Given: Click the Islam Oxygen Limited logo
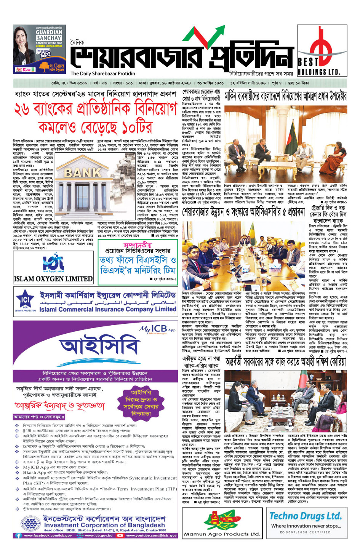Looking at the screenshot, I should (x=53, y=262).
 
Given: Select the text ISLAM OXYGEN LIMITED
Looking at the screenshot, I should (x=53, y=279).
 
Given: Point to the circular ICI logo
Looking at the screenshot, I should (x=26, y=300).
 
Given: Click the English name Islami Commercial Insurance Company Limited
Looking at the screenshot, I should (x=108, y=309).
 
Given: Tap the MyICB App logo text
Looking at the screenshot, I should (x=157, y=328).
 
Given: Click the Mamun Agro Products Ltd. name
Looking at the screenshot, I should (x=222, y=534).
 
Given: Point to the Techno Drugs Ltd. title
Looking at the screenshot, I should (x=306, y=516).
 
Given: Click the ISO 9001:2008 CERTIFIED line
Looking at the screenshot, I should (x=306, y=532).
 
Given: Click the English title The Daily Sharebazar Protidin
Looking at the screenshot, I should (x=103, y=74).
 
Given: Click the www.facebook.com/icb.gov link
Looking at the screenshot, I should (x=48, y=535).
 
